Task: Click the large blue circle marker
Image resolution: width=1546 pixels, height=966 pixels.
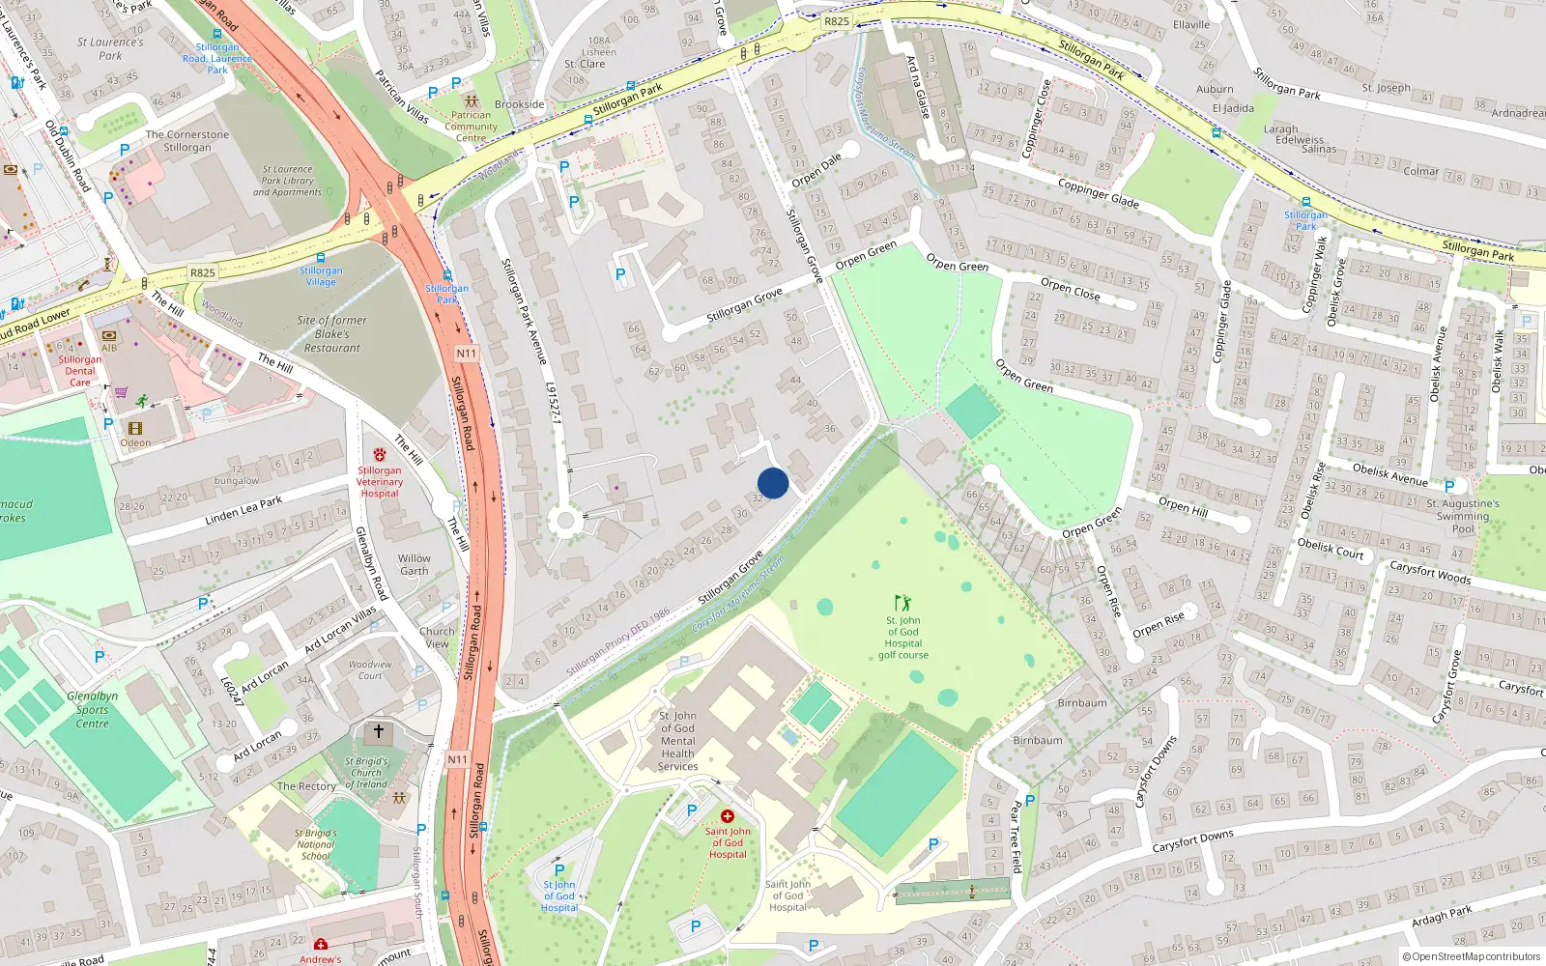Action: coord(773,483)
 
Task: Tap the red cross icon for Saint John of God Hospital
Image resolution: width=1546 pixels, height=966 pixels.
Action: coord(728,816)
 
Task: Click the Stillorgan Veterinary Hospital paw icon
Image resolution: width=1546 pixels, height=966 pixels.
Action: coord(380,455)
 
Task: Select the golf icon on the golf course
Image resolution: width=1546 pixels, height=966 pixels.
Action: coord(902,603)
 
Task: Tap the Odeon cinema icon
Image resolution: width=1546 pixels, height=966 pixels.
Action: coord(135,428)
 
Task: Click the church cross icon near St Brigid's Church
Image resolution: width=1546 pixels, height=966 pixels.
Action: coord(379,731)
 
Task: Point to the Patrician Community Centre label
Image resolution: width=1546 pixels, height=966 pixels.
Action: coord(472,126)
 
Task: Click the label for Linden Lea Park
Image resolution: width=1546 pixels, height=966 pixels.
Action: coord(243,510)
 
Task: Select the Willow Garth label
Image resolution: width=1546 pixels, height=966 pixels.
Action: coord(414,564)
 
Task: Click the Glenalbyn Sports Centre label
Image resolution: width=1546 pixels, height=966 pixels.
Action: coord(93,709)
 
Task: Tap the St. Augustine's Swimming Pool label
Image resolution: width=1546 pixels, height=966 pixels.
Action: coord(1463,516)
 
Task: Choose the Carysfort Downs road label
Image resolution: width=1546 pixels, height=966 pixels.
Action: coord(1192,840)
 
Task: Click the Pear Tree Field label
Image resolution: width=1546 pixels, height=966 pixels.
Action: coord(1016,837)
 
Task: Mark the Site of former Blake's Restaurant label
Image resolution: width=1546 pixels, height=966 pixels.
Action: coord(332,333)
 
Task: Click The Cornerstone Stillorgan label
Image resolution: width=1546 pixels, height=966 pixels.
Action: coord(187,141)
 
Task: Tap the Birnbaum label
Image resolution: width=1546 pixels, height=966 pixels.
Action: coord(1081,702)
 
